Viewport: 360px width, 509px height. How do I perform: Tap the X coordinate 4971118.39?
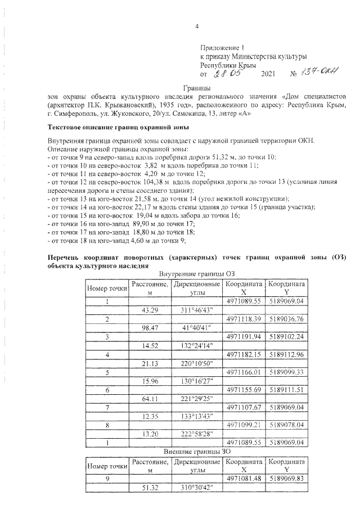(x=244, y=319)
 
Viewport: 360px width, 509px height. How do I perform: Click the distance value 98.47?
(x=150, y=327)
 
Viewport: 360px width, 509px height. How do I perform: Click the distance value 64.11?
(x=150, y=397)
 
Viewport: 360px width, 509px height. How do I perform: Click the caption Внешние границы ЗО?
(x=196, y=452)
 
